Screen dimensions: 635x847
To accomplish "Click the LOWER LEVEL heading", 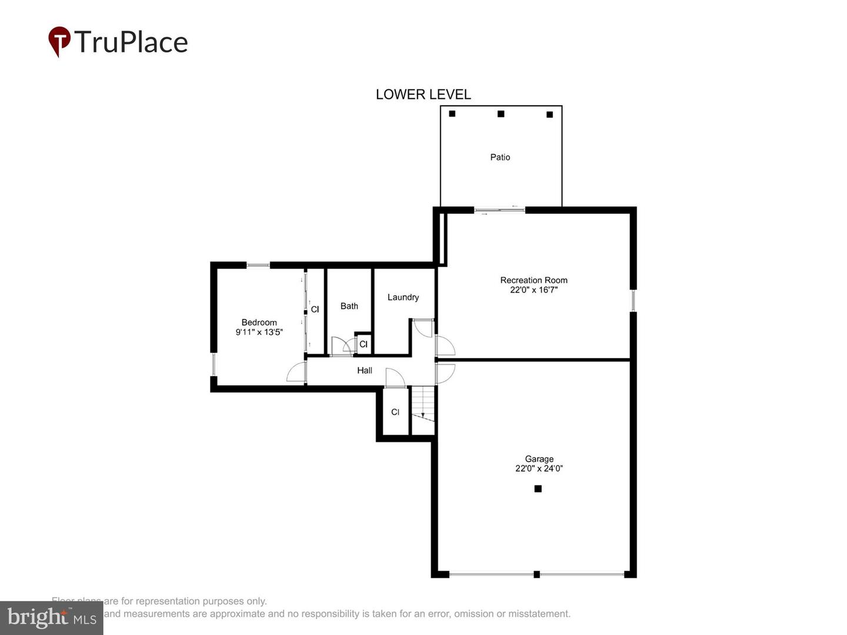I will (423, 94).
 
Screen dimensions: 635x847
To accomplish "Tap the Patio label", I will (500, 157).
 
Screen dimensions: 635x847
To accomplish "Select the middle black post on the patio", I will (501, 114).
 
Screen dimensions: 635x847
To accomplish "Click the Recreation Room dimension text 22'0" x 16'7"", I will (533, 290).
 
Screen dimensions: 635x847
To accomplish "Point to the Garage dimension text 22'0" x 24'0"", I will (539, 469).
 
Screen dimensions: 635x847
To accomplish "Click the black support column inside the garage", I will (538, 489).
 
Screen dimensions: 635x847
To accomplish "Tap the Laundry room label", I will (403, 298).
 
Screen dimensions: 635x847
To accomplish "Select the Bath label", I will (349, 306).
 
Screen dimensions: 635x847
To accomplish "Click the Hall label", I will (365, 370).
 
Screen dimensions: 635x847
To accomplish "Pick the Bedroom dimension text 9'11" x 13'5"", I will (259, 332).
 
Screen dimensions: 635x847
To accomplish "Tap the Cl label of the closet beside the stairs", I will (395, 412).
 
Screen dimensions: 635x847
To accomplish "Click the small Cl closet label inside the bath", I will (363, 344).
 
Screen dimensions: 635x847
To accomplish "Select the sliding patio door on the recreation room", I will (499, 210).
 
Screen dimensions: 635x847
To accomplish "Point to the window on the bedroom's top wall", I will (258, 265).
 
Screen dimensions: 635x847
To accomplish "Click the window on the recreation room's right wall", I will (633, 300).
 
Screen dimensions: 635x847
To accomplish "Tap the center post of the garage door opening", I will (536, 574).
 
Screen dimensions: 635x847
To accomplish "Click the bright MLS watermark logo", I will (51, 618).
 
